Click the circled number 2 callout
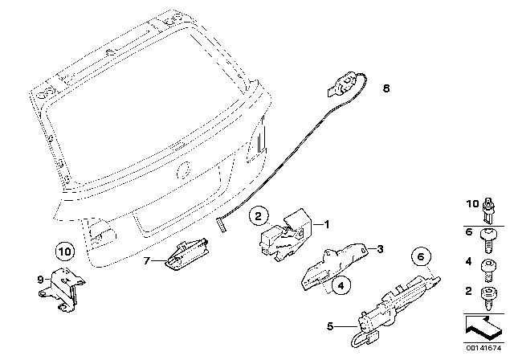click(257, 215)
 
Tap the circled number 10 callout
click(66, 250)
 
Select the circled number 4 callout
click(341, 283)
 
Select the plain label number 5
click(329, 327)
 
